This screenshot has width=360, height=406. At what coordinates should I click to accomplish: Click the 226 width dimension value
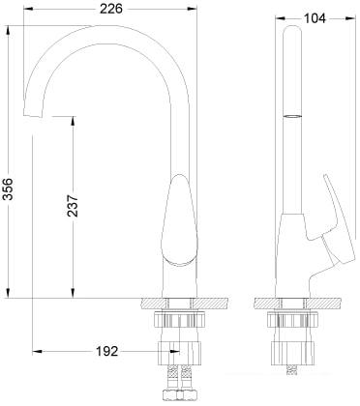(x=110, y=9)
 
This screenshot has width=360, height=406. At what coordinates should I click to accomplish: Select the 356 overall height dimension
(x=9, y=188)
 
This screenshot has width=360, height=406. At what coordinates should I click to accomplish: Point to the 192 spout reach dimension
(x=107, y=351)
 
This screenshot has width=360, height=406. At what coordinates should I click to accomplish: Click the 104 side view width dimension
(x=315, y=18)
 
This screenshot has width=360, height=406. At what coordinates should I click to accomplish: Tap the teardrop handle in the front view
(x=179, y=220)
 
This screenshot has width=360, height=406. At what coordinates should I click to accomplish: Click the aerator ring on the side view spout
(x=292, y=117)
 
